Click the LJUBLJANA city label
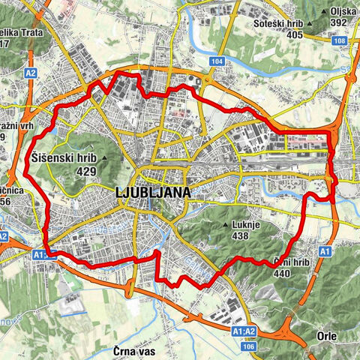tap(154, 193)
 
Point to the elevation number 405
tap(294, 34)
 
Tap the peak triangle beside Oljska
tap(324, 13)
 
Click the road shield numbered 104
tap(217, 60)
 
